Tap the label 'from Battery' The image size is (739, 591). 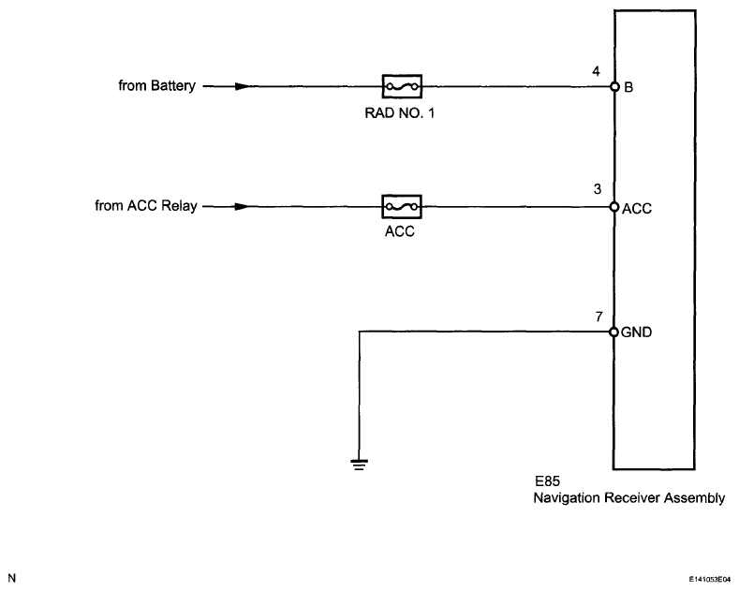pos(157,87)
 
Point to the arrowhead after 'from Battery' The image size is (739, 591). pos(243,87)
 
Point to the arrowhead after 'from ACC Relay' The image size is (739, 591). pos(243,206)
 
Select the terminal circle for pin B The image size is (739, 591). pos(614,87)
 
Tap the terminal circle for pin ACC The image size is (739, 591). pos(614,206)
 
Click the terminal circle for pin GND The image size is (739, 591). pos(614,331)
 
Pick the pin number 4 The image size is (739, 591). pos(597,70)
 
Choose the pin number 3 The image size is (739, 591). pos(597,189)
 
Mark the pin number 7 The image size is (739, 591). pos(598,317)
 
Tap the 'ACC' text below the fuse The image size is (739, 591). pos(401,231)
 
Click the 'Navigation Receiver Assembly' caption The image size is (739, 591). pos(628,499)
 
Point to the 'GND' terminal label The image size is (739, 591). pos(636,332)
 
